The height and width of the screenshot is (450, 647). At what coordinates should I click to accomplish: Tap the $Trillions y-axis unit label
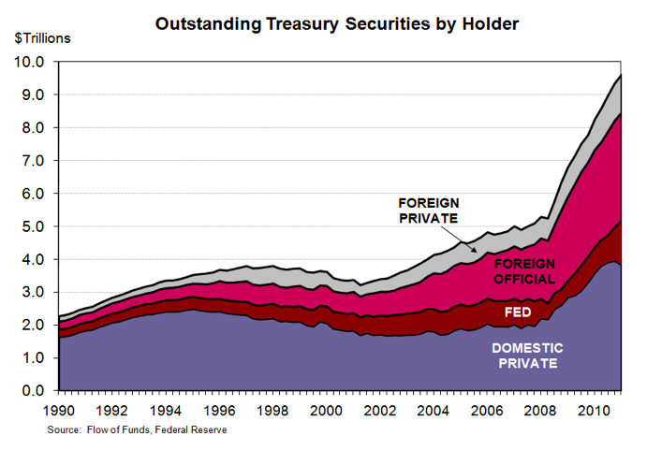(41, 38)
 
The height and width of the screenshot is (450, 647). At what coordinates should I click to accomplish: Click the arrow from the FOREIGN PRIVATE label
(471, 235)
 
